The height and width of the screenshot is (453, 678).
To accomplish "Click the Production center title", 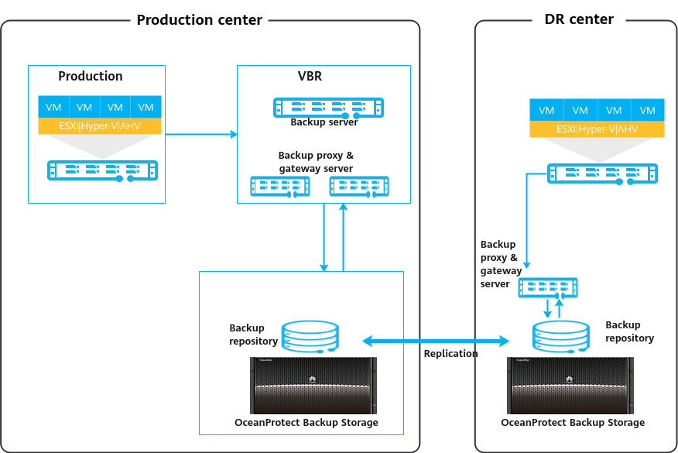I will (x=200, y=20).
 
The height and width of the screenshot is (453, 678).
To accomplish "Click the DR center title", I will (x=574, y=19).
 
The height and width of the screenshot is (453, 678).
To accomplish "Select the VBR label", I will (x=310, y=77).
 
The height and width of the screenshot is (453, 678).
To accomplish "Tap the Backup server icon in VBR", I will (x=329, y=107).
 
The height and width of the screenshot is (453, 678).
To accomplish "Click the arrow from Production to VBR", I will (x=201, y=135).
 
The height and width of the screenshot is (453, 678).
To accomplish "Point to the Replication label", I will (x=450, y=353).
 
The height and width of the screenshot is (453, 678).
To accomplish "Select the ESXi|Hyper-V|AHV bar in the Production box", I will (x=100, y=125).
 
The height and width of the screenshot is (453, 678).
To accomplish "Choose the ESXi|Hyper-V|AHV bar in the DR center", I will (x=597, y=129).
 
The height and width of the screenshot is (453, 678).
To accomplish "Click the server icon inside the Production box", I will (x=102, y=171).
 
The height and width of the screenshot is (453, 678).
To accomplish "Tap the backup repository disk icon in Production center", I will (x=310, y=335).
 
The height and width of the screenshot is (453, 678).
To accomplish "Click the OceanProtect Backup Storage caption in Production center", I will (x=306, y=423).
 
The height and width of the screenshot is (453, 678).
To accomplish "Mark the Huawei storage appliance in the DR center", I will (x=570, y=385).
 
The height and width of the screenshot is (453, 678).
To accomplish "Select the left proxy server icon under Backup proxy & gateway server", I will (x=280, y=187).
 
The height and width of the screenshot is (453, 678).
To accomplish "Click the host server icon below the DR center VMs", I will (x=603, y=173).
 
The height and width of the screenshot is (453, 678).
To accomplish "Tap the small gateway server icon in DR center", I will (x=548, y=287).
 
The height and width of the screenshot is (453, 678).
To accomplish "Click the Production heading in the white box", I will (x=91, y=77).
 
